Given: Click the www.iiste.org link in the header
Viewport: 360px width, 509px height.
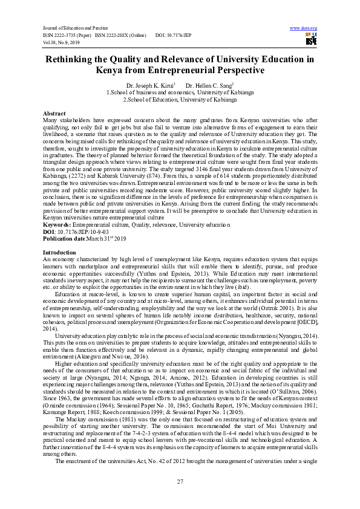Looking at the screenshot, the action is (304, 28).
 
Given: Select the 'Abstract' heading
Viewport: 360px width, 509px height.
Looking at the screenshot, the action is (54, 114).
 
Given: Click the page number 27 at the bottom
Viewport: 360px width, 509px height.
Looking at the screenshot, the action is (180, 481).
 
